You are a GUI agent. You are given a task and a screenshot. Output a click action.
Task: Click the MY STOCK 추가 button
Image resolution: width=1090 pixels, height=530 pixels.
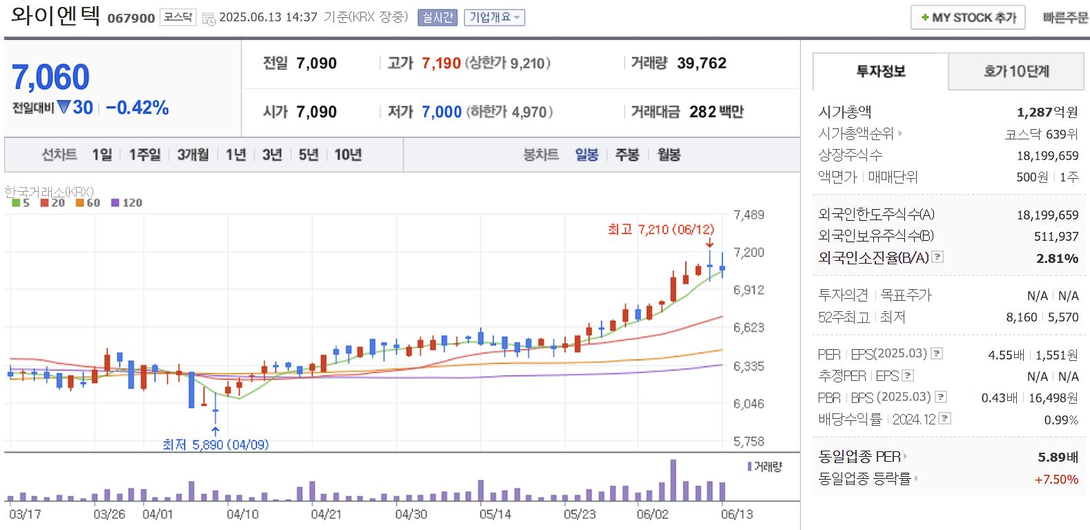pos(968,17)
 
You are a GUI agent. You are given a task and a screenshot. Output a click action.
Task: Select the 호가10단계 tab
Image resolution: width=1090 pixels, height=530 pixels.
pos(1016,71)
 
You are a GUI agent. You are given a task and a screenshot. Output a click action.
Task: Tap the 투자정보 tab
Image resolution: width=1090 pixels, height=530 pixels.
pos(881,71)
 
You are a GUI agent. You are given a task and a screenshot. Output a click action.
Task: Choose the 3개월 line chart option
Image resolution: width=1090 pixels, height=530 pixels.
pos(193,155)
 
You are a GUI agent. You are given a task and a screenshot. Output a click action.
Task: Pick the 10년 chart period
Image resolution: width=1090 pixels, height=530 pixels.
pos(348,155)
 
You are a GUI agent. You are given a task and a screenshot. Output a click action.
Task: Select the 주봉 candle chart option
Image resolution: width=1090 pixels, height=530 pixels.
pos(627,155)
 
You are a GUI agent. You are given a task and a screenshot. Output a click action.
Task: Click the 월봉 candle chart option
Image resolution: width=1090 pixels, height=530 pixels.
pos(668,155)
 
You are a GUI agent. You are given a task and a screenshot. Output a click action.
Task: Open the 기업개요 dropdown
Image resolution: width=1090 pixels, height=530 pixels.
pos(494,17)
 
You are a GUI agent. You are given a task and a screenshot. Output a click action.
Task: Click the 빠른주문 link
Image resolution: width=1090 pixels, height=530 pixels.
pos(1065,17)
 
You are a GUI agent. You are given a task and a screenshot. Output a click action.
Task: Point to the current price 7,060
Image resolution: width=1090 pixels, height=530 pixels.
pos(51,77)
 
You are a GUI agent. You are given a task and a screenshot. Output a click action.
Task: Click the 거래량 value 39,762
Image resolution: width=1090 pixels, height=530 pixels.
pos(701,63)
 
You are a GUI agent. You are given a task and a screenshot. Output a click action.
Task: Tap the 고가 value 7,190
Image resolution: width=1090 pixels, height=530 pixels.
pos(441,63)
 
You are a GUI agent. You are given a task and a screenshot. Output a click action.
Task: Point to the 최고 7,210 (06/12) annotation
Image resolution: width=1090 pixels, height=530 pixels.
pos(661,229)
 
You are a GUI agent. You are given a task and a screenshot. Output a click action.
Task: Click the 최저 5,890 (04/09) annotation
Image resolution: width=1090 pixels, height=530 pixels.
pos(215,445)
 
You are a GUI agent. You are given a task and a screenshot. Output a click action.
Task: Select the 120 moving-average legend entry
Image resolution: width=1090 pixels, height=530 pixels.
pos(127,203)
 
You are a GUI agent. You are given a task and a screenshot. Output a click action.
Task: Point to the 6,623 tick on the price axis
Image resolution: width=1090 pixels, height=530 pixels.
pos(748,328)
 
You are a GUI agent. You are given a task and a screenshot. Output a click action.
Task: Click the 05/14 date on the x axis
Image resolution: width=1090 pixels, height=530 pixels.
pos(495,514)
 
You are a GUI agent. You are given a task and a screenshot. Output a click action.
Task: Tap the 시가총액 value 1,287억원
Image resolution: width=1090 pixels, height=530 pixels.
pos(1047,112)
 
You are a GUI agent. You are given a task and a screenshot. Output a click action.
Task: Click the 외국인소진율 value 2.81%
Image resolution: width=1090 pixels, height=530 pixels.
pos(1057,258)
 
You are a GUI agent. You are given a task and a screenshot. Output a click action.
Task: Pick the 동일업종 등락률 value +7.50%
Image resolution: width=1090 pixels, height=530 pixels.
pos(1056,479)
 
